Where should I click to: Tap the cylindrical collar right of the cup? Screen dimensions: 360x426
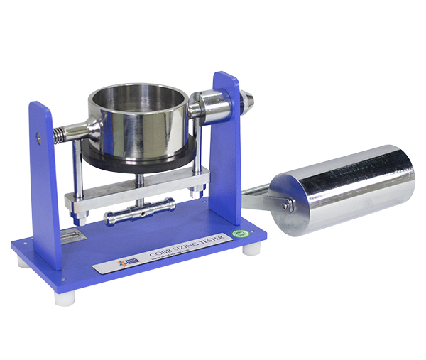(211, 107)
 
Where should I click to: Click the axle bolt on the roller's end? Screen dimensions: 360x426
(288, 205)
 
